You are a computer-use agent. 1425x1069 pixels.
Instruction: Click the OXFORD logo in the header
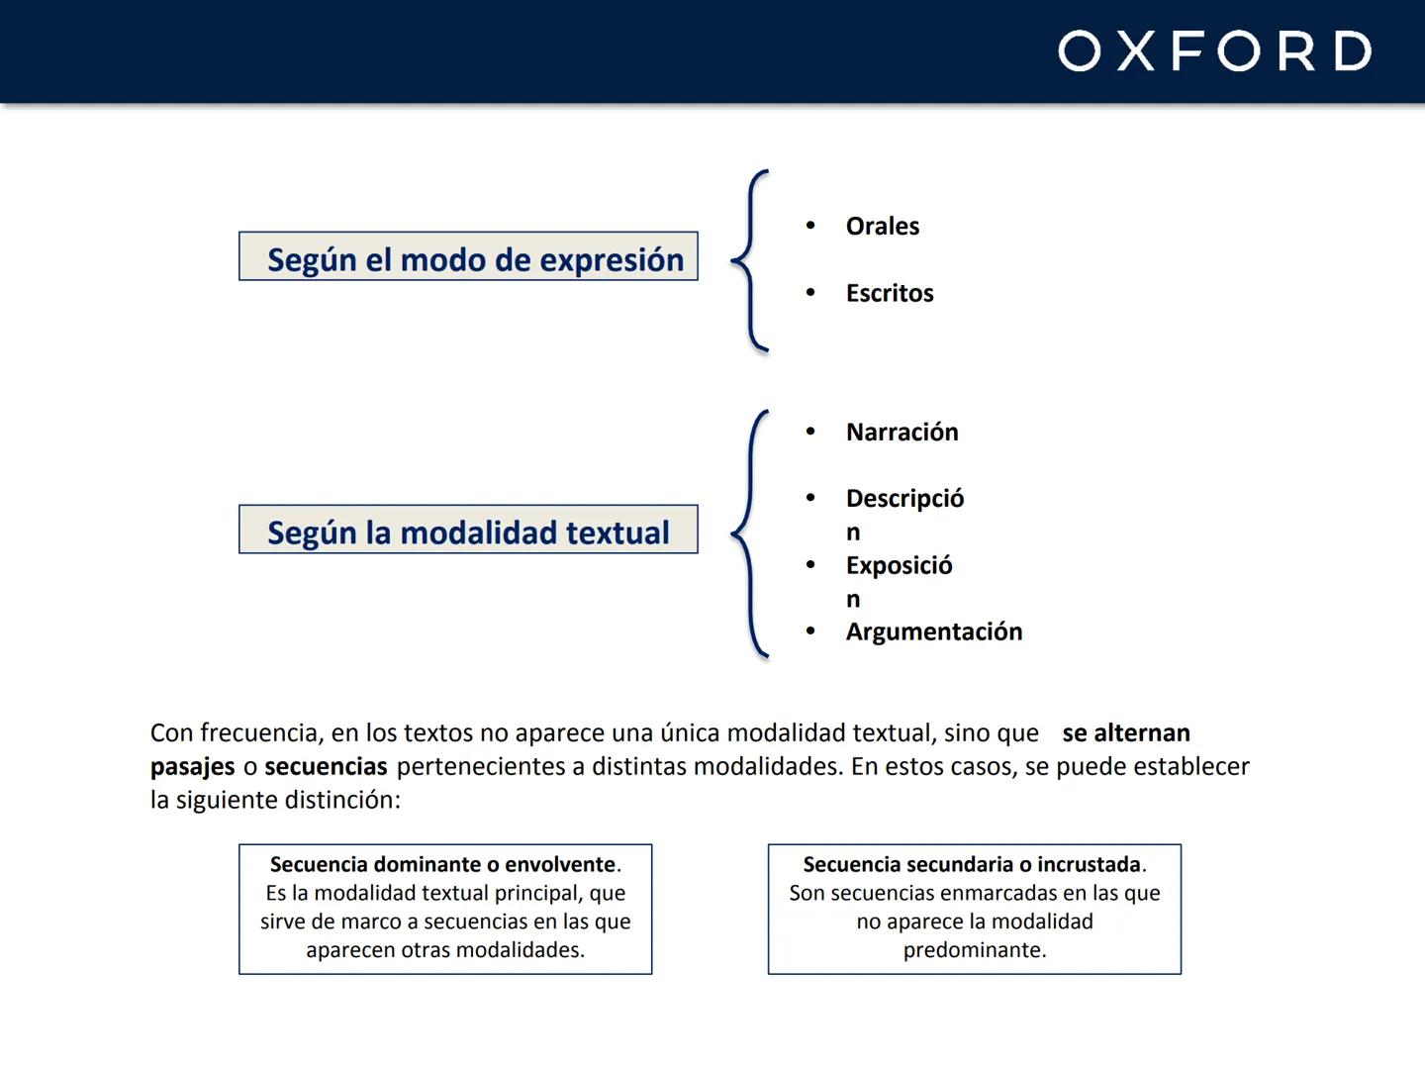(1214, 51)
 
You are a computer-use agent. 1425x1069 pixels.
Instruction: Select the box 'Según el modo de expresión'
(468, 256)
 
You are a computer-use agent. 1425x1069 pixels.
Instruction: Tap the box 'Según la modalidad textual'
(468, 530)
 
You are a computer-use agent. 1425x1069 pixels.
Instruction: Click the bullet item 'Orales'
(882, 227)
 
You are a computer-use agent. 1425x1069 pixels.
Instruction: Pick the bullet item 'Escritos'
(889, 294)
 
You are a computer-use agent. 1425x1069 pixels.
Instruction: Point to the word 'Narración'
(902, 433)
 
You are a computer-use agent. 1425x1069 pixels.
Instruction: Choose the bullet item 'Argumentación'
(933, 632)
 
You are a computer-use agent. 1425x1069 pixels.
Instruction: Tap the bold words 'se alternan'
(1125, 733)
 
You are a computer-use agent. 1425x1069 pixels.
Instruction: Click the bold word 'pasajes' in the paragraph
(192, 767)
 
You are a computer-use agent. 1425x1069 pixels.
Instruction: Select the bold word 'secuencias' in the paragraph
(326, 767)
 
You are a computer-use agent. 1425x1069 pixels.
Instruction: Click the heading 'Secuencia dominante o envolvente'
(442, 865)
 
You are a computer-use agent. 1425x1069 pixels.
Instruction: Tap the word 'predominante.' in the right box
(975, 950)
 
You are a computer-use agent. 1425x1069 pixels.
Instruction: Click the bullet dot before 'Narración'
(810, 432)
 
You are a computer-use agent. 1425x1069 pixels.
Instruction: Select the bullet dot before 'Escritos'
(810, 293)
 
